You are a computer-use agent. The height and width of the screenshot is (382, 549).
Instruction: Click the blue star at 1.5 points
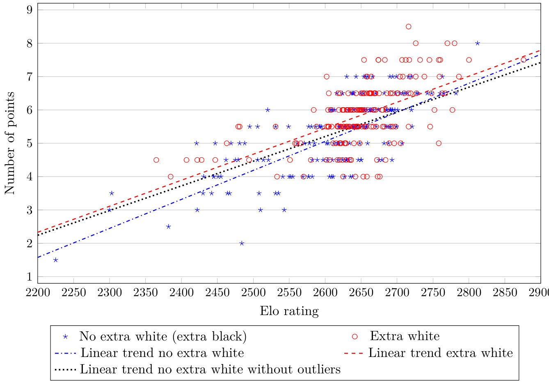(55, 260)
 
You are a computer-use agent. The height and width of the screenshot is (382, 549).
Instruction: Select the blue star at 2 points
(242, 243)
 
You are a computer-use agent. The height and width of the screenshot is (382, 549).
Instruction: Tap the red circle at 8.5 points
(408, 27)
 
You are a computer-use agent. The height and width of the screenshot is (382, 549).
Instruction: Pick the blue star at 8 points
(477, 43)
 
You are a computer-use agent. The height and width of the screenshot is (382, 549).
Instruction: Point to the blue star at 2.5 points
(168, 227)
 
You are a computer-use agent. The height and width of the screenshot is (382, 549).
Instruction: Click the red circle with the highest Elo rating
(523, 60)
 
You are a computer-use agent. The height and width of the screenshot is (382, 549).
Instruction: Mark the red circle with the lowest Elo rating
(156, 160)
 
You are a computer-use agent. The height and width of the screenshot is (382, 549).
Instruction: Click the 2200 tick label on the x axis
(37, 292)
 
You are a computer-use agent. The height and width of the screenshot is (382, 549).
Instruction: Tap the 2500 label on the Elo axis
(253, 292)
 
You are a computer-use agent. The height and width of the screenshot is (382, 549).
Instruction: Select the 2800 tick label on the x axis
(469, 292)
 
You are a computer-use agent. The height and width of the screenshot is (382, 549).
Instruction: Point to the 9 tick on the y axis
(30, 10)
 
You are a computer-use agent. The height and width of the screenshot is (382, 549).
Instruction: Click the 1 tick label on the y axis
(30, 277)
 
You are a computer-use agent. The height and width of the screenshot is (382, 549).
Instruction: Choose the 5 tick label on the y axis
(30, 143)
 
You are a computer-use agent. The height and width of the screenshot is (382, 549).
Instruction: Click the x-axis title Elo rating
(289, 311)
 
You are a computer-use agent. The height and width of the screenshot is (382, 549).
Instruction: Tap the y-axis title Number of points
(10, 143)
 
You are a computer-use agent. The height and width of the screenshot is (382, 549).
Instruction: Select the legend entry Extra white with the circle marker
(404, 336)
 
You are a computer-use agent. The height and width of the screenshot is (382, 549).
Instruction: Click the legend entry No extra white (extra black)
(163, 336)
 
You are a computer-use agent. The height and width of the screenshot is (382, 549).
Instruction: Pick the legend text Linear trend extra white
(440, 353)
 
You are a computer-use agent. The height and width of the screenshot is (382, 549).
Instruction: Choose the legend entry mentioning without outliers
(210, 369)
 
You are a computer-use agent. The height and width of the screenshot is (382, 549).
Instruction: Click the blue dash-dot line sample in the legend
(65, 353)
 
